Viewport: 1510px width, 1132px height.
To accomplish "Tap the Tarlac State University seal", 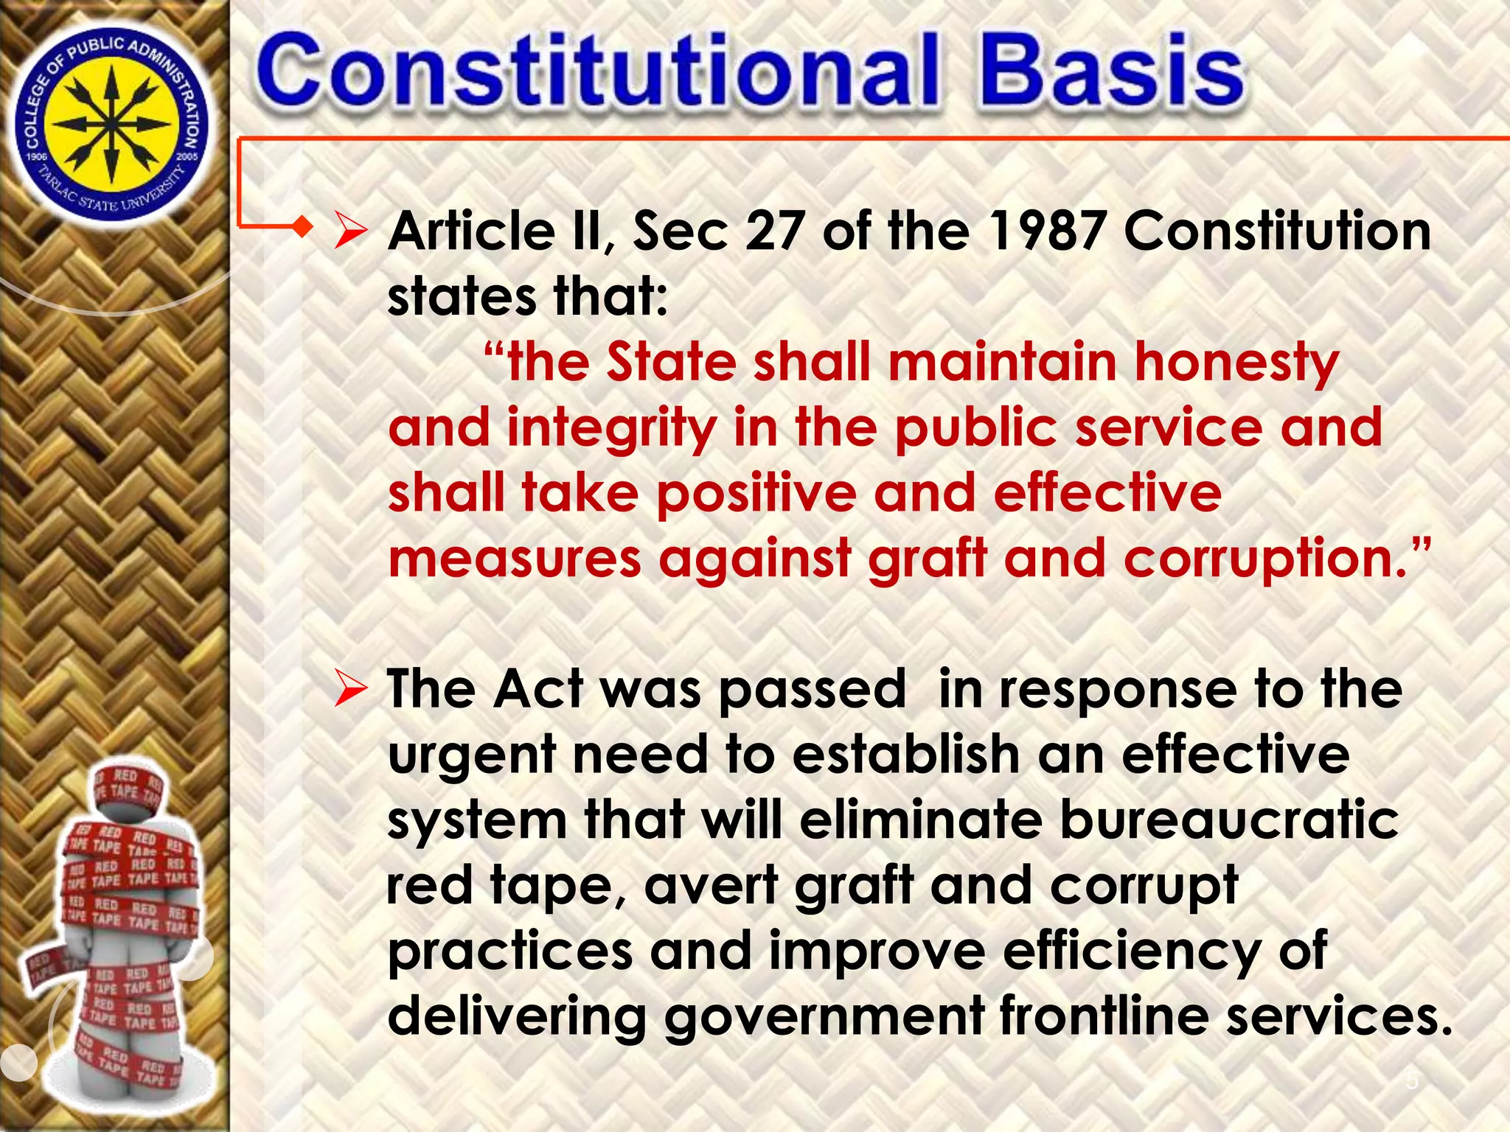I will coord(112,123).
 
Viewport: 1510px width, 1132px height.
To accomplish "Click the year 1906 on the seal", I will coord(37,156).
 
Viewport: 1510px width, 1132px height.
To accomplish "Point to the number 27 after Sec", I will coord(774,231).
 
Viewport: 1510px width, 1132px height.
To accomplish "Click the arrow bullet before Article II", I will coord(350,231).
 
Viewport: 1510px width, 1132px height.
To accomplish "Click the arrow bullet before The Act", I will coord(350,691).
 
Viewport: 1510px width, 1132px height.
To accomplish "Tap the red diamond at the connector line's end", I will coord(301,226).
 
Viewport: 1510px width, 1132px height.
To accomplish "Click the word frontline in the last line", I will coord(1104,1016).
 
